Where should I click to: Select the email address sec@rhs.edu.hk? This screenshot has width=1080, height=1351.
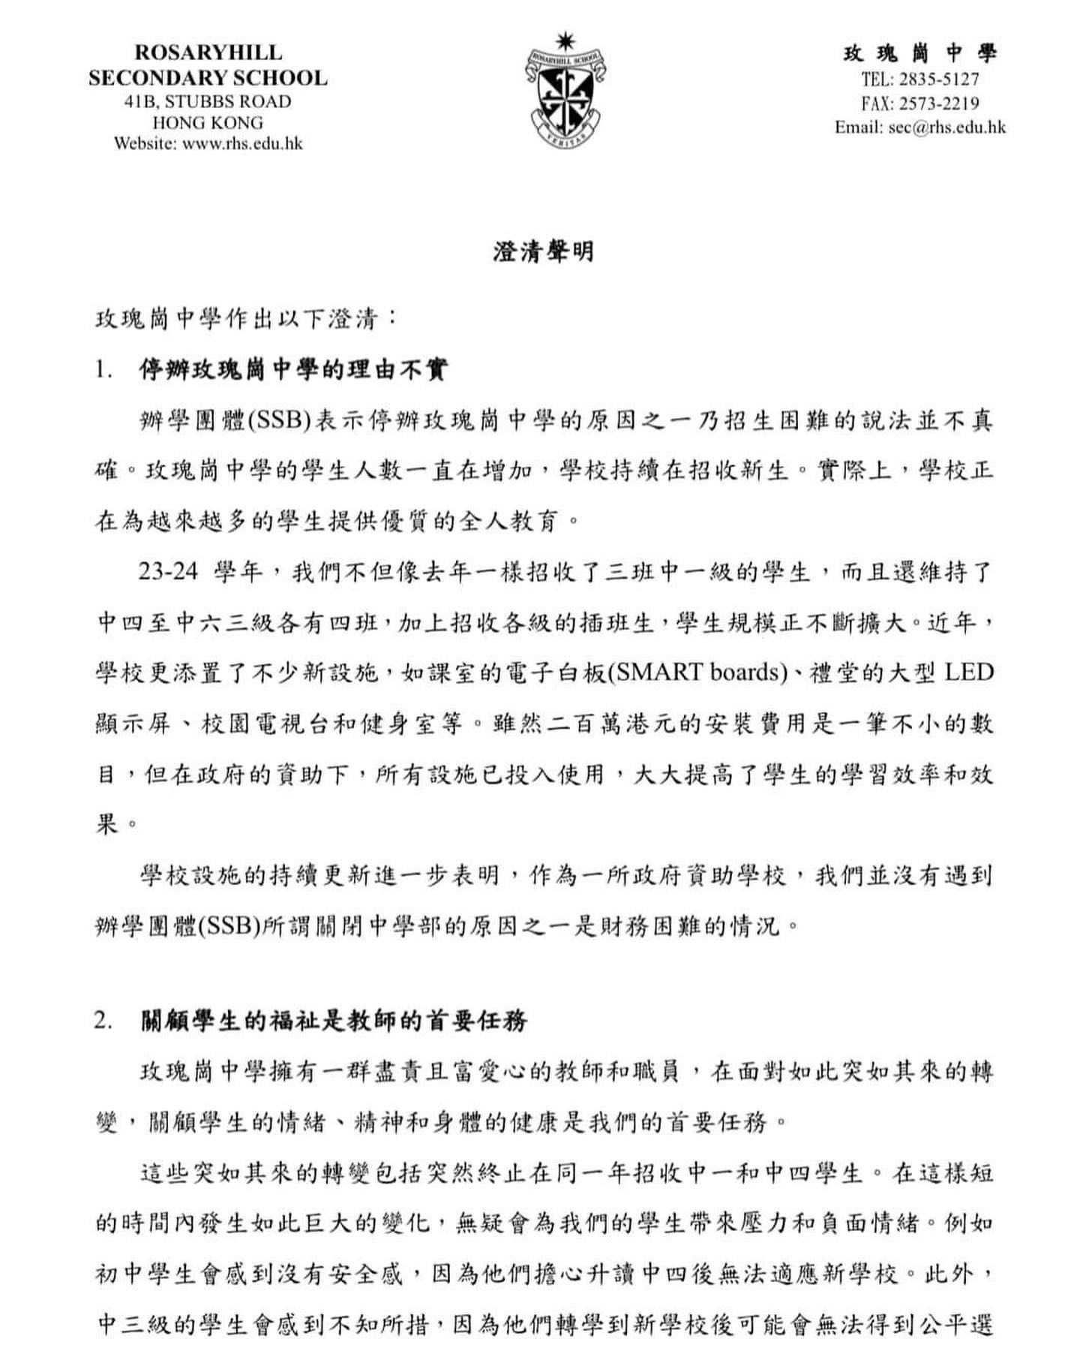pos(946,127)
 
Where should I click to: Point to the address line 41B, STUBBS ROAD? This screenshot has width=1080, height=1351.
pos(208,101)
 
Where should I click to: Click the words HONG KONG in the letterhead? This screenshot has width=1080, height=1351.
pos(208,122)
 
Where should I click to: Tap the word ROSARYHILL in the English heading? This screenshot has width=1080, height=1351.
pos(208,53)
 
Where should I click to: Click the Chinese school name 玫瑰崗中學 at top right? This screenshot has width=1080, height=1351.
pos(920,53)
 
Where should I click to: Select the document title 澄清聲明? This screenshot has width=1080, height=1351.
pos(544,251)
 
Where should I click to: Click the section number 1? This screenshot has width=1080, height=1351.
pos(103,370)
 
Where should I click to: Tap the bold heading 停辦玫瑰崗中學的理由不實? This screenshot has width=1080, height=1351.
pos(293,370)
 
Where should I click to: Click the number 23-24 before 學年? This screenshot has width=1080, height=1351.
pos(167,572)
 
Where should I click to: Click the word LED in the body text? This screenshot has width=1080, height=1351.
pos(968,671)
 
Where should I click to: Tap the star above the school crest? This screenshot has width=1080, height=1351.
pos(565,41)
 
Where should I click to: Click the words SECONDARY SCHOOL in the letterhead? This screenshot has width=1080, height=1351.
pos(208,77)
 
